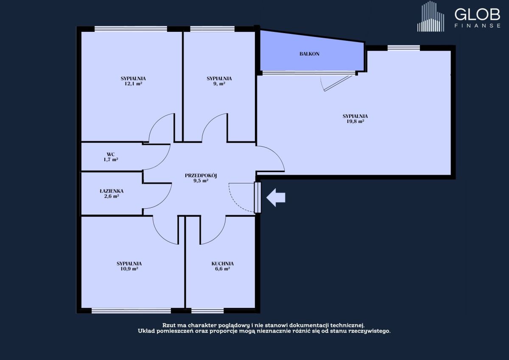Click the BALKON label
[x=309, y=54]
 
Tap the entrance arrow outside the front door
[x=276, y=197]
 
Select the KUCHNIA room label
[x=222, y=264]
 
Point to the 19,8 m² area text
[x=355, y=121]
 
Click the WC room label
[x=111, y=154]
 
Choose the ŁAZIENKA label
[x=112, y=191]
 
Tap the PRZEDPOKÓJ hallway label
[x=201, y=176]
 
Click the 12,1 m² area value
[x=133, y=84]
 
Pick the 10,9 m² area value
[x=129, y=269]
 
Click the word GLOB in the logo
[x=477, y=15]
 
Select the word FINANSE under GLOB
[x=477, y=26]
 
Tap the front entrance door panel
[x=257, y=197]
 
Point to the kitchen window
[x=207, y=311]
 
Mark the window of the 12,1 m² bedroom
[x=131, y=29]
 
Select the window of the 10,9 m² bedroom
[x=131, y=311]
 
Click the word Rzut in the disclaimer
[x=168, y=325]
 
